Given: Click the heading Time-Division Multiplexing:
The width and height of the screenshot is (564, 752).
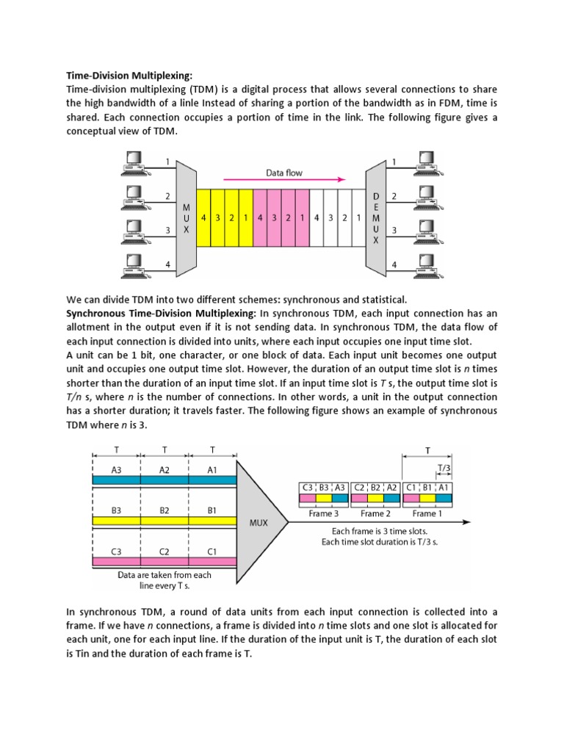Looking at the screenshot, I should (x=129, y=76).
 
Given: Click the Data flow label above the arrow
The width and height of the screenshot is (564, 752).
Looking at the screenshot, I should (x=284, y=173).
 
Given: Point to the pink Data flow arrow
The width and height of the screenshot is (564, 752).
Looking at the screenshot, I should (x=284, y=180).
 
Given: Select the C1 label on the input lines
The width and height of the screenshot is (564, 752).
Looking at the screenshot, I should (x=211, y=550).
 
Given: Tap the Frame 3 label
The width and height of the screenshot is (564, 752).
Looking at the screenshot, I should (x=324, y=514).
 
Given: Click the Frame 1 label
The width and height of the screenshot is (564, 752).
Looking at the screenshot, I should (x=424, y=514).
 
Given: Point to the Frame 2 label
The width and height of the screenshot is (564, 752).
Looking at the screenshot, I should (x=375, y=514).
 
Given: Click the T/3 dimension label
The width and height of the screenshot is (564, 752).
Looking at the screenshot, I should (x=444, y=467).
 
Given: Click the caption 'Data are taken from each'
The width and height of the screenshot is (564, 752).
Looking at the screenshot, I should (x=164, y=575).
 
